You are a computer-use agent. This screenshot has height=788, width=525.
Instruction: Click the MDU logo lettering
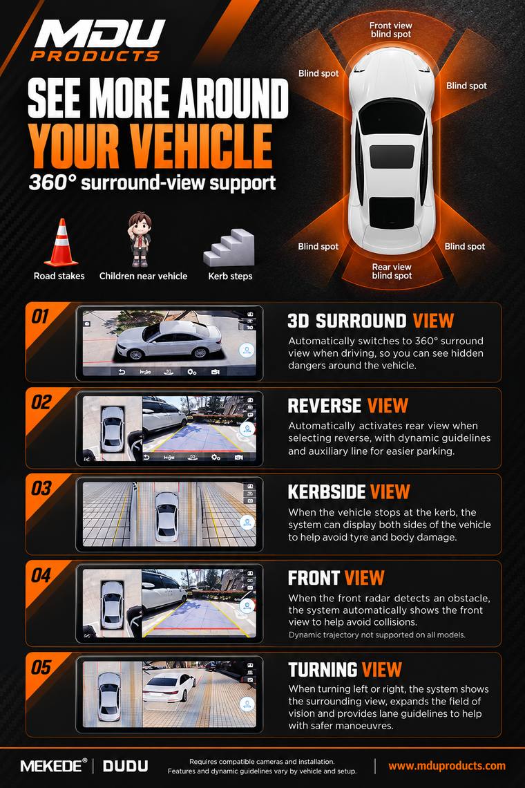click(100, 33)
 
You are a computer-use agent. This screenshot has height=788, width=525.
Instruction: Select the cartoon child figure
click(140, 238)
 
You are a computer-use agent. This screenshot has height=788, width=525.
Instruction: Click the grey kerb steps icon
click(229, 247)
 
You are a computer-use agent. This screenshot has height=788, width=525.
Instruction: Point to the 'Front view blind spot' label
click(391, 30)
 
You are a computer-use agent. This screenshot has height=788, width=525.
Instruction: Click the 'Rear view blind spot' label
click(392, 272)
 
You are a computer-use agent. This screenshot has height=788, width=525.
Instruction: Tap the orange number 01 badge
click(40, 317)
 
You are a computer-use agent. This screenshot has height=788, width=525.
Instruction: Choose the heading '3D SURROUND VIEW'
click(371, 321)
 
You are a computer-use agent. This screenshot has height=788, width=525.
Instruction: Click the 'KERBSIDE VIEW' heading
click(349, 492)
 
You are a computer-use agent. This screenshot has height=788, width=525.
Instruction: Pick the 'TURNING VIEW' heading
click(345, 670)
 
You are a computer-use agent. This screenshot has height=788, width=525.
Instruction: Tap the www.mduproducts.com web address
click(447, 766)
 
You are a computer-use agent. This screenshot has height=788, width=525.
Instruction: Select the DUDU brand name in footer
click(126, 766)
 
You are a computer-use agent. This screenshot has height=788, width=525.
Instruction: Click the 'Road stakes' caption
click(59, 276)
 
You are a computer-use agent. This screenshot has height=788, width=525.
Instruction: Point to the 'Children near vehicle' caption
click(143, 276)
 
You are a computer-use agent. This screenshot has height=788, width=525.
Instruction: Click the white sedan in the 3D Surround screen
click(169, 339)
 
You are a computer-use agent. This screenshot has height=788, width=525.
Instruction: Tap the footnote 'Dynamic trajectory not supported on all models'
click(377, 635)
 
